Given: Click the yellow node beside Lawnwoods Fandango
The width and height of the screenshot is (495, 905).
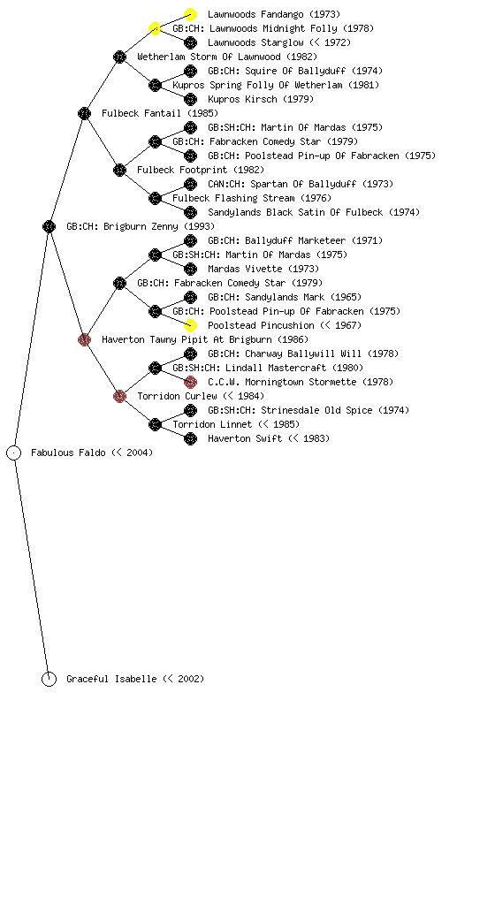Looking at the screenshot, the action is (x=190, y=14).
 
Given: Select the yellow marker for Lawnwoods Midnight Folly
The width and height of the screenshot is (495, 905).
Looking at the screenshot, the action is (x=156, y=28).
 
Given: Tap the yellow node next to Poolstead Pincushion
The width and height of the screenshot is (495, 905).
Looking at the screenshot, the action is (x=190, y=325).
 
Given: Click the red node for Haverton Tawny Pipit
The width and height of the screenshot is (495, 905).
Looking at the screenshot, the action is (x=84, y=339).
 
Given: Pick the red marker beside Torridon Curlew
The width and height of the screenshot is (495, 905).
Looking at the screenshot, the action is (x=120, y=396).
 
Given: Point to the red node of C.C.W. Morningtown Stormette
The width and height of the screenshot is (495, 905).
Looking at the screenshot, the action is (x=190, y=382).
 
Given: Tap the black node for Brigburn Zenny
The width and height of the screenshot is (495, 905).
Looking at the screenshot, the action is (x=49, y=226).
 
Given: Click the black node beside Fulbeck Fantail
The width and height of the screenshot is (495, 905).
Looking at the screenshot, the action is (x=84, y=113).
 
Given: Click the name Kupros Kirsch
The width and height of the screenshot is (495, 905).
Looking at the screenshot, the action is (x=242, y=99).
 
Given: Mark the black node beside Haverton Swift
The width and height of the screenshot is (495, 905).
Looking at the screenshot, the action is (x=190, y=438).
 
